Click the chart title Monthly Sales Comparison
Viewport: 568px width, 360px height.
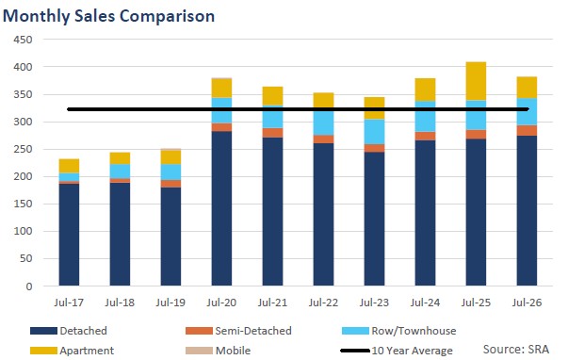click(x=108, y=16)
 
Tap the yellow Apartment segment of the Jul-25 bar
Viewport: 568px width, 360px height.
click(x=476, y=81)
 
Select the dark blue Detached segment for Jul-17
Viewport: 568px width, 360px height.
click(x=69, y=235)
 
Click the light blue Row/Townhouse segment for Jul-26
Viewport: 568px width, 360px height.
click(x=527, y=112)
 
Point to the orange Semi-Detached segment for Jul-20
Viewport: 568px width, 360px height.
click(x=221, y=127)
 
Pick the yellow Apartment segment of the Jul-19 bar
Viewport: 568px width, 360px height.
click(x=170, y=157)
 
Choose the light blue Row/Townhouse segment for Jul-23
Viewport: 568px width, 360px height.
click(x=374, y=132)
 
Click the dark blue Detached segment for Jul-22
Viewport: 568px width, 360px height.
click(x=323, y=215)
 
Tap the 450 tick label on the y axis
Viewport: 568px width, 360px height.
click(x=23, y=40)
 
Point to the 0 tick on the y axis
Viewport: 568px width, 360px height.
click(x=29, y=286)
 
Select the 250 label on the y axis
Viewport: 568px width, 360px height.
click(x=23, y=149)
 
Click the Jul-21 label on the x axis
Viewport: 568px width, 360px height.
click(x=272, y=303)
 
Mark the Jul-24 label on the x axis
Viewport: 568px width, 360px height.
click(x=425, y=303)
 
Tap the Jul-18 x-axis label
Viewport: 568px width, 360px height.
click(x=120, y=303)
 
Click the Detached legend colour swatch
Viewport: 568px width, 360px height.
click(x=43, y=331)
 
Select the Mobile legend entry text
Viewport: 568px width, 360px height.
click(x=233, y=351)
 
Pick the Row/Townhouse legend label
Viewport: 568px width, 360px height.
click(x=414, y=331)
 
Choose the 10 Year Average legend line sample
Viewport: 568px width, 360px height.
click(x=355, y=351)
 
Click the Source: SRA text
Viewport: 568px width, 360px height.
click(x=516, y=349)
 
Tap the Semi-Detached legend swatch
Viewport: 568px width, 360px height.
click(x=199, y=331)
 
